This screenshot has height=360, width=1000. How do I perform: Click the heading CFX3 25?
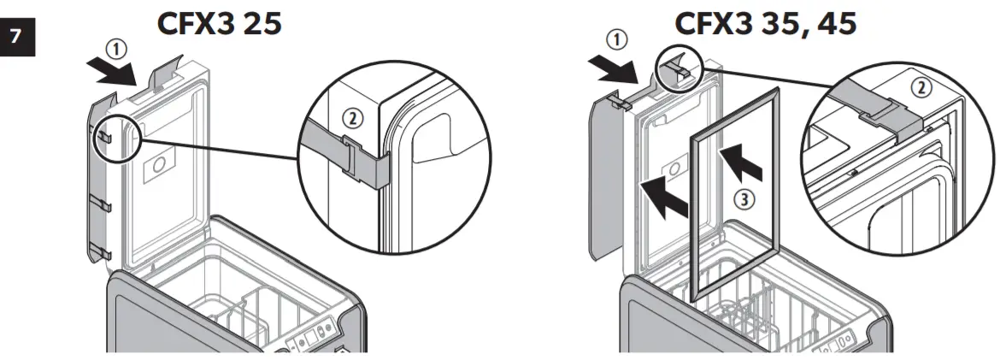point(219,23)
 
